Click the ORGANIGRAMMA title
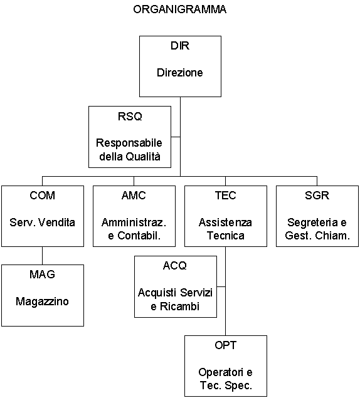tap(179, 9)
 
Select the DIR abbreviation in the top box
tap(180, 46)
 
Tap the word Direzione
tap(180, 73)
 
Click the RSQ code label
tap(130, 117)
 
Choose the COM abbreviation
tap(43, 196)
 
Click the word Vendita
tap(57, 223)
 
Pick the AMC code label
tap(134, 196)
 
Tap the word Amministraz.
tap(134, 223)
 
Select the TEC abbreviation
tap(226, 196)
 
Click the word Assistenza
tap(225, 223)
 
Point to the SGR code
tap(317, 196)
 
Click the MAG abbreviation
tap(43, 275)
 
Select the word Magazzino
tap(42, 301)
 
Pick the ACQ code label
tap(175, 266)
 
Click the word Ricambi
tap(179, 306)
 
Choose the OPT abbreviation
tap(226, 345)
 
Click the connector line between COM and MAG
tap(43, 256)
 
